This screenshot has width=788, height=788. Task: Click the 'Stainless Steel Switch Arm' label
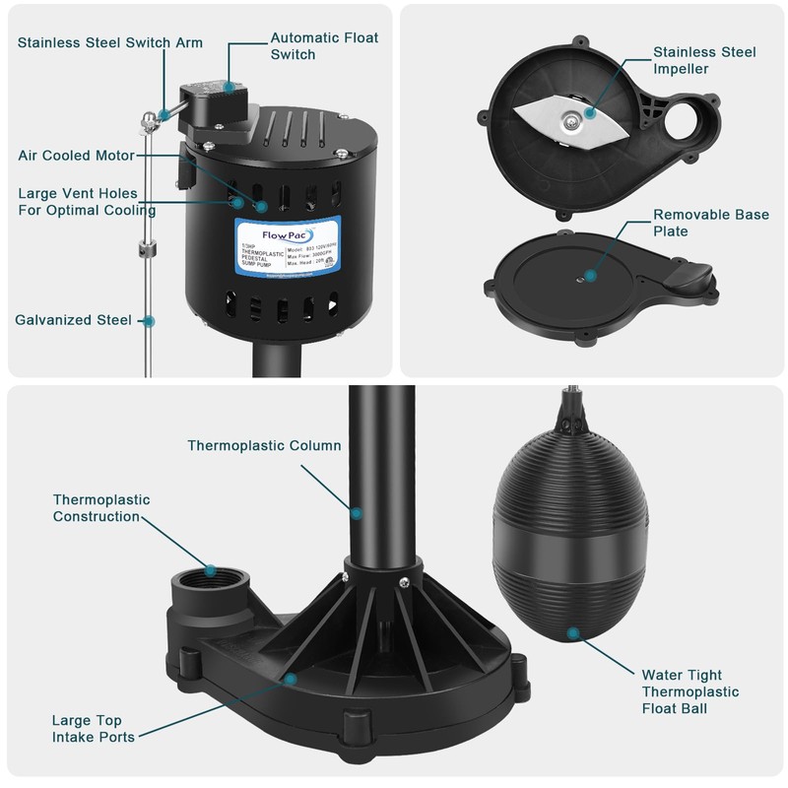point(109,42)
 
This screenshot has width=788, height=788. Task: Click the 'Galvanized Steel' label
point(73,320)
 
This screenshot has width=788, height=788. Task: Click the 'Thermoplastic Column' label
point(264,445)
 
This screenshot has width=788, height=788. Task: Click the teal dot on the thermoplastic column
point(357,512)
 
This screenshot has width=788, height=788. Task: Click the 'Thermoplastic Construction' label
point(101,508)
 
